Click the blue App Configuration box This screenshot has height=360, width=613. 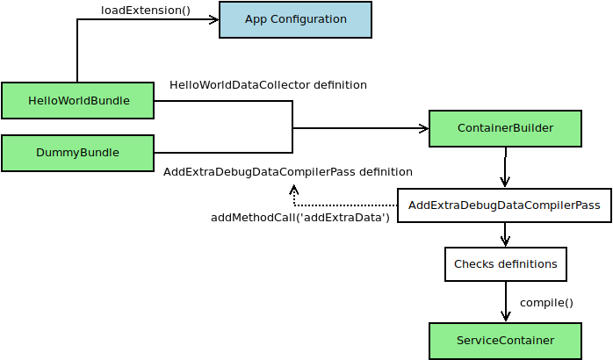295,19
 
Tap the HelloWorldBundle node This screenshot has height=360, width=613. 77,101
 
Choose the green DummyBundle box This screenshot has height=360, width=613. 77,153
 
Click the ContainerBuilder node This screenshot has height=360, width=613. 505,128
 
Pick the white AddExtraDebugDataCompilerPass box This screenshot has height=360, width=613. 504,206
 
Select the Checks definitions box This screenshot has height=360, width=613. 505,264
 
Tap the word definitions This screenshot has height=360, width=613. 525,264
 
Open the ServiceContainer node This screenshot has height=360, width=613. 505,341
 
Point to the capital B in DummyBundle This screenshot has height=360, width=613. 83,153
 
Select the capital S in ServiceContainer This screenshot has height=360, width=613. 460,341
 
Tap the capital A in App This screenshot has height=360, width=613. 249,19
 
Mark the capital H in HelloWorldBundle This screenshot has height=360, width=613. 32,101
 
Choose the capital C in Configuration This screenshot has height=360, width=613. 275,19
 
